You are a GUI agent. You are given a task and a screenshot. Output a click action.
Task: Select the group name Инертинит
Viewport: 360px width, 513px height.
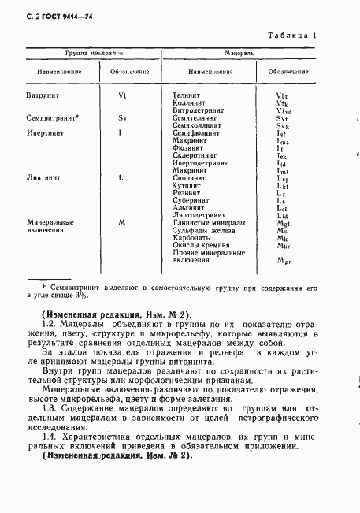(x=43, y=132)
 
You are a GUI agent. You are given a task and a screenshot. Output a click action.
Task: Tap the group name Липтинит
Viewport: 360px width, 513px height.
(x=41, y=177)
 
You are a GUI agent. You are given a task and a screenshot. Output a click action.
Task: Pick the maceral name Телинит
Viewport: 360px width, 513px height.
(x=187, y=95)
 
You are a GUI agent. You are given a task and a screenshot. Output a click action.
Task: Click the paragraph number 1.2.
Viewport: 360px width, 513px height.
(x=49, y=324)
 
